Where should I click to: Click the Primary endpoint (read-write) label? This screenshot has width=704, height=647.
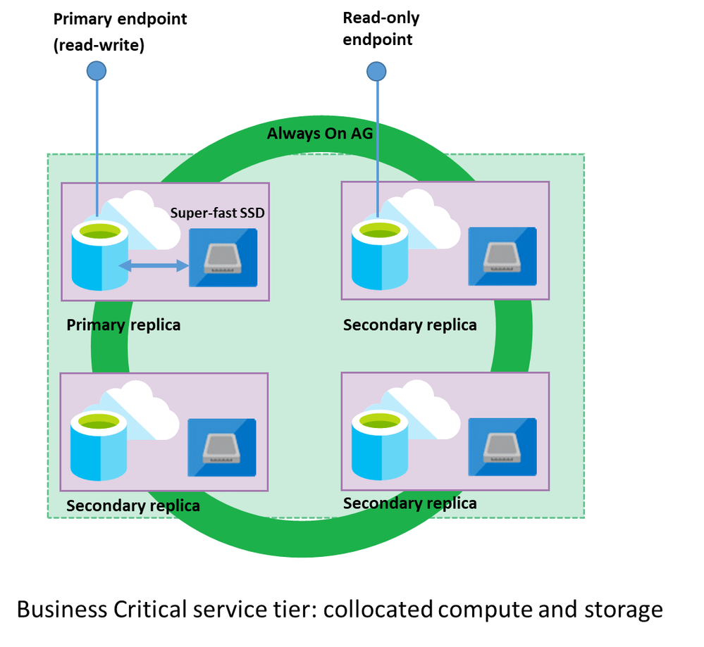(121, 31)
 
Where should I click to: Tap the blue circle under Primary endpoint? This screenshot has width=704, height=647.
(96, 70)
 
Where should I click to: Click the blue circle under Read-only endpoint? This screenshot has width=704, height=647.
(376, 70)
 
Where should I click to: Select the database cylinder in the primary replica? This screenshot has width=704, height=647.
(100, 256)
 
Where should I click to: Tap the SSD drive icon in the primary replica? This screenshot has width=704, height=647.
(222, 258)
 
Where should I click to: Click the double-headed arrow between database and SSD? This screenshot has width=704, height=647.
(153, 265)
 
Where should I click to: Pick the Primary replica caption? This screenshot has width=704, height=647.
(123, 325)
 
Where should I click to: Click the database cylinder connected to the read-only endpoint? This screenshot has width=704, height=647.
(379, 255)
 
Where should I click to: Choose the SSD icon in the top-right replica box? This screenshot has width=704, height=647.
(502, 256)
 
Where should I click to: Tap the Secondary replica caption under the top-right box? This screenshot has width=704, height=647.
(409, 325)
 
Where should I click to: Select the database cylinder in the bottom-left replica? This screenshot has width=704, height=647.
(99, 446)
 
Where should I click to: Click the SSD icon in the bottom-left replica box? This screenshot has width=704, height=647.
(221, 447)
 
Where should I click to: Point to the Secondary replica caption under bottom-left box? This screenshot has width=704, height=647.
(132, 505)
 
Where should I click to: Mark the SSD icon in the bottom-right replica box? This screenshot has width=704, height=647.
(502, 446)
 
